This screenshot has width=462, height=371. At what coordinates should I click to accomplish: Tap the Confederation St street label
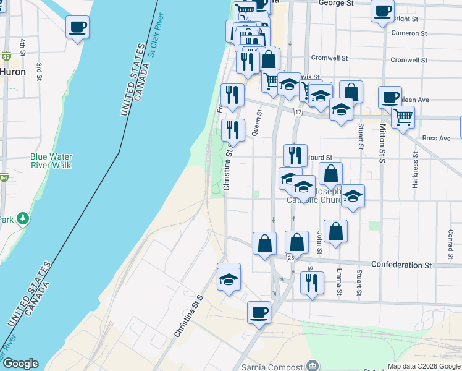(401, 265)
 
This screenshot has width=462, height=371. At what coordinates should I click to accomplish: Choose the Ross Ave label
(436, 139)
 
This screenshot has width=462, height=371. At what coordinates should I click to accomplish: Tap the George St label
(335, 3)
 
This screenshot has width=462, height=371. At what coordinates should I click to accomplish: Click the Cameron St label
(409, 33)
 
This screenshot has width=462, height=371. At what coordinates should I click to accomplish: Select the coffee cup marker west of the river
(77, 27)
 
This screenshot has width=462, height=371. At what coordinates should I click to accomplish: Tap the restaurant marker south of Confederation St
(311, 283)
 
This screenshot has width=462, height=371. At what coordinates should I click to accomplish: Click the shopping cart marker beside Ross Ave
(403, 116)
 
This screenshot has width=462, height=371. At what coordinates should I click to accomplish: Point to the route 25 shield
(290, 257)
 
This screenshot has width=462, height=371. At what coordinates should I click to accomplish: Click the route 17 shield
(298, 112)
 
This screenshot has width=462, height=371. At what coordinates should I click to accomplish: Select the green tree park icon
(23, 218)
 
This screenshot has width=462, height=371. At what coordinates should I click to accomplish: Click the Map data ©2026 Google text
(424, 366)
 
